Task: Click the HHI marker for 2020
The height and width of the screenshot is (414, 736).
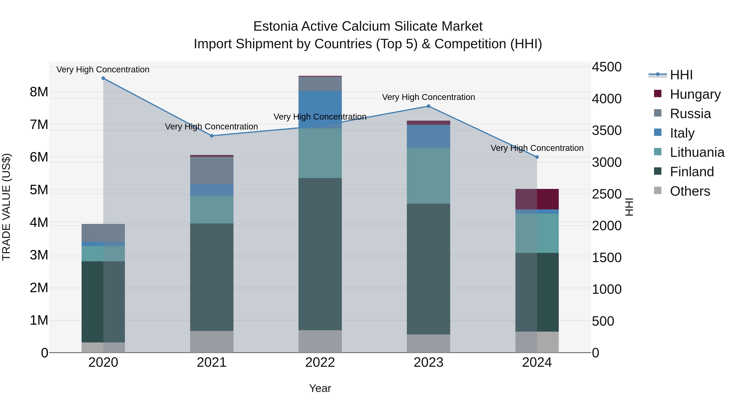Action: pos(103,78)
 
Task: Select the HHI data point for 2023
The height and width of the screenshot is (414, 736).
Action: pos(428,106)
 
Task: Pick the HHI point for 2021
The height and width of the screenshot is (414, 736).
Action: pos(212,136)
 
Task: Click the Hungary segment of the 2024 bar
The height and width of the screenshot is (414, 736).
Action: pos(537,199)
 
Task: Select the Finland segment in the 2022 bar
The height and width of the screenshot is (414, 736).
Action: pos(320,254)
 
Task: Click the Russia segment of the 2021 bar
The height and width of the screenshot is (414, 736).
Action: pos(212,170)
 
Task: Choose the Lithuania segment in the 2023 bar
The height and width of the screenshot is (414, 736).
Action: pos(428,176)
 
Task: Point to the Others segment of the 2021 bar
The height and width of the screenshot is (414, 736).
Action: pos(212,342)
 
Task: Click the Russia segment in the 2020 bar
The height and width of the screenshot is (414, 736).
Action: pos(103,233)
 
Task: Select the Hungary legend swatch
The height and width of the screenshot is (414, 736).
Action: pos(657,94)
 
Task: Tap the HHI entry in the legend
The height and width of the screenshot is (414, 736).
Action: pos(681,75)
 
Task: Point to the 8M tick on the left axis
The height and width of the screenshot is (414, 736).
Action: pos(39,92)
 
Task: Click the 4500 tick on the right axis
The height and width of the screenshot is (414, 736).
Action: pos(606,67)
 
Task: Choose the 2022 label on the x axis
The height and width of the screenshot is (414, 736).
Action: pos(320,362)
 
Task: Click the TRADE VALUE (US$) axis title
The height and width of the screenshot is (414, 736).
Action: pos(7,207)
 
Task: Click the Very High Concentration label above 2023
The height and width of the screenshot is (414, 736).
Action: pos(428,97)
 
